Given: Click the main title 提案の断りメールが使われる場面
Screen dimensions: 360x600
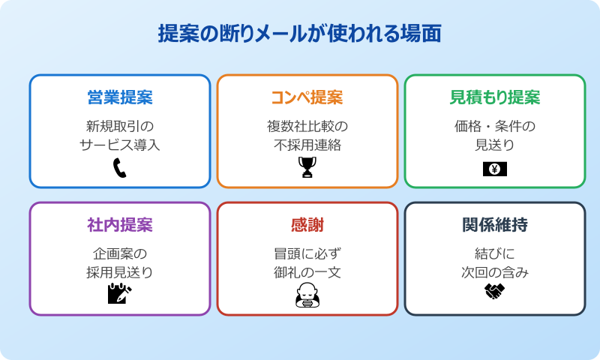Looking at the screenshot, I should click(299, 34).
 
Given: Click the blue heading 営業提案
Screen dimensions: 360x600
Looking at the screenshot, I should click(120, 98).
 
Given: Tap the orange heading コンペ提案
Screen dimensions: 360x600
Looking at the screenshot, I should click(307, 98).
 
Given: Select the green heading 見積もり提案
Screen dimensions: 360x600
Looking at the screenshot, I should click(495, 98).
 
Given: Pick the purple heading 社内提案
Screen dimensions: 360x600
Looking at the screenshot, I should click(120, 226).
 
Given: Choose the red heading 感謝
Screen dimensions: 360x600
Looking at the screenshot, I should click(307, 226).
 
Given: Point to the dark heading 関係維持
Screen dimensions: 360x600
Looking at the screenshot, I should click(495, 226).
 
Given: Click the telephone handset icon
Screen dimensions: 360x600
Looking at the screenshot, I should click(120, 168).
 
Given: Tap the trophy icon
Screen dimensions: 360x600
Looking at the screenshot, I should click(307, 168).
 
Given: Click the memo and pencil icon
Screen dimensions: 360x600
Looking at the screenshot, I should click(120, 293).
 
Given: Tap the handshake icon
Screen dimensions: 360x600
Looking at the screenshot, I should click(495, 292).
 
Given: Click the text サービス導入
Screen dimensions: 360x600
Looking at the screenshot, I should click(120, 145).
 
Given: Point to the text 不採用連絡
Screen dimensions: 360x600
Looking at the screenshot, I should click(307, 145).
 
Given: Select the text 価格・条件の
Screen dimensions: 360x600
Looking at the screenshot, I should click(495, 125).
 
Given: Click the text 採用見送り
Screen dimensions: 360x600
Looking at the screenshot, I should click(120, 272).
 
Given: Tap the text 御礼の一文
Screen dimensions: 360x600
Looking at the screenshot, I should click(307, 272).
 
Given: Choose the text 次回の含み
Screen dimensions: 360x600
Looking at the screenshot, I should click(495, 272).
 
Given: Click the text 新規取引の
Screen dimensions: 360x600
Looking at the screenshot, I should click(120, 125).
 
